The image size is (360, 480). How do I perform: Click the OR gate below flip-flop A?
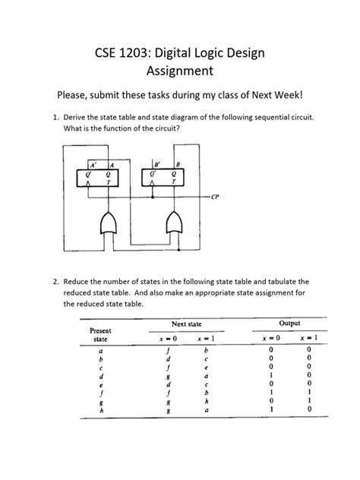108,223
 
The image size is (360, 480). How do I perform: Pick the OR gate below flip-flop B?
172,223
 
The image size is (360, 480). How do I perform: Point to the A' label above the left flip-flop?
94,163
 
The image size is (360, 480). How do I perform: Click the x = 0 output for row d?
270,376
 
